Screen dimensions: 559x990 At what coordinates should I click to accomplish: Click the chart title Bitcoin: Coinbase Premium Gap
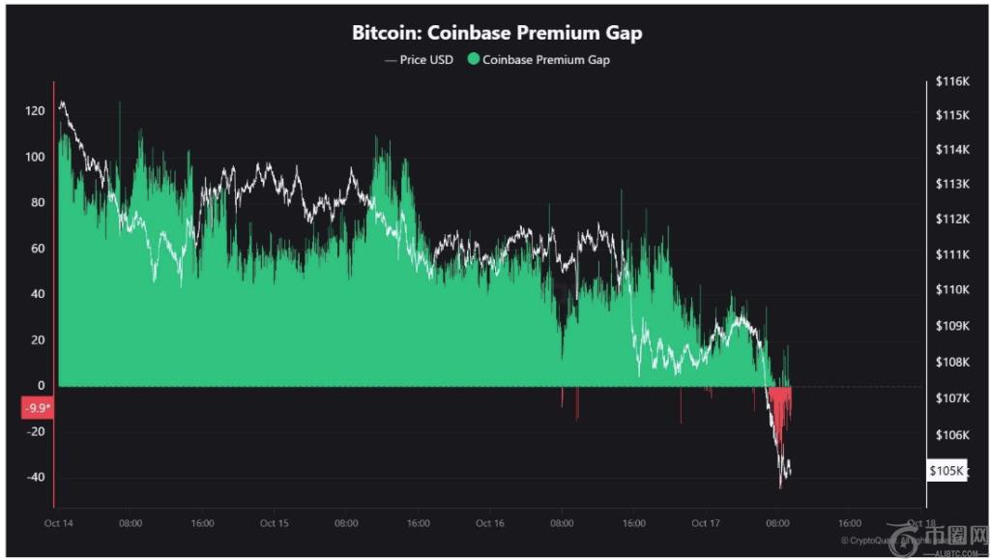[497, 33]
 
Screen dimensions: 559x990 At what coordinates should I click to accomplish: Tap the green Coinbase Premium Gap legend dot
[473, 60]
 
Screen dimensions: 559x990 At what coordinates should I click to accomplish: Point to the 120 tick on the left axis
[36, 111]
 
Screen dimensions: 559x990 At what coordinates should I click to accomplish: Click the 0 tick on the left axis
[42, 386]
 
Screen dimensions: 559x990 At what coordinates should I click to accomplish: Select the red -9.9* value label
[37, 408]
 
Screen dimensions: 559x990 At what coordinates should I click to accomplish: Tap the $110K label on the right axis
[952, 290]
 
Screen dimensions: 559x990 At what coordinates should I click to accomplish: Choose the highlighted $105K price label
[946, 471]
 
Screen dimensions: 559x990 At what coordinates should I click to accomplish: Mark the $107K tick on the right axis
[952, 398]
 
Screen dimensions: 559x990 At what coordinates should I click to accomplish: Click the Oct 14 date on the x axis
[58, 523]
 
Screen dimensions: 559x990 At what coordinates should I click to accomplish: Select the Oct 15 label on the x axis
[274, 523]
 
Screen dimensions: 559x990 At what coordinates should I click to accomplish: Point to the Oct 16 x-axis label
[490, 523]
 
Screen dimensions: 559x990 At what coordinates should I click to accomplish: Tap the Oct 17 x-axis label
[707, 523]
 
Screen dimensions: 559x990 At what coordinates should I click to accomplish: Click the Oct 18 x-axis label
[921, 523]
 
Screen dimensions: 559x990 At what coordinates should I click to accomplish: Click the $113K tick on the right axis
[952, 184]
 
